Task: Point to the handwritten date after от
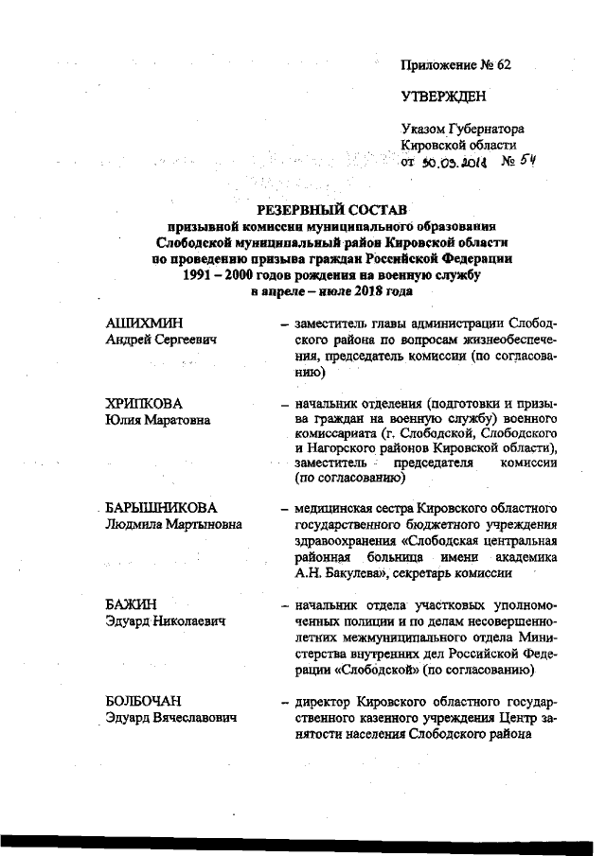point(454,163)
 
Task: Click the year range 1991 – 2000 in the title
point(219,275)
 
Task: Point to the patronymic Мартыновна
point(203,525)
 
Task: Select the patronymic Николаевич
point(188,620)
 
